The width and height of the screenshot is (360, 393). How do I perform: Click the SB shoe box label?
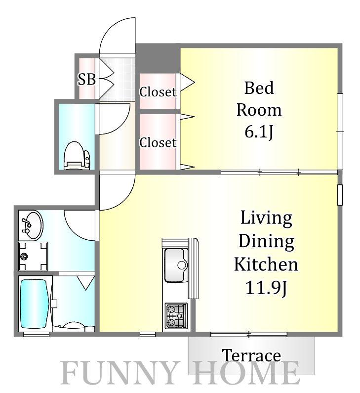(x=86, y=79)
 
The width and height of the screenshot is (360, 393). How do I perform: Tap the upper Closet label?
(x=158, y=92)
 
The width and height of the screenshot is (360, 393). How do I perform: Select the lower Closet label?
(x=158, y=142)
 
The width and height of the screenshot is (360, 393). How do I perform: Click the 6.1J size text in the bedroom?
(x=259, y=132)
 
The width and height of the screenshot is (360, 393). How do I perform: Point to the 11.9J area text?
(x=266, y=288)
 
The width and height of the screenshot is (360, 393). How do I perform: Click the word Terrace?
(x=251, y=355)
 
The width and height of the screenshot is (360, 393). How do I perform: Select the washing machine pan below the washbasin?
(x=33, y=256)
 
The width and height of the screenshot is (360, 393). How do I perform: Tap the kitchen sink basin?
(x=176, y=265)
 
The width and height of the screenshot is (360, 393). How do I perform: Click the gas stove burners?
(x=176, y=316)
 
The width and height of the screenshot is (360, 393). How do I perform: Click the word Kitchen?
(x=266, y=264)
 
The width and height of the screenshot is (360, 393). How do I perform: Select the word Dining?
(x=266, y=241)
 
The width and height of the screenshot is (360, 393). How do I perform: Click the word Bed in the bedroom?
(x=259, y=88)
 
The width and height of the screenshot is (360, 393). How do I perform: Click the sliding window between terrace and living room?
(x=249, y=334)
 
